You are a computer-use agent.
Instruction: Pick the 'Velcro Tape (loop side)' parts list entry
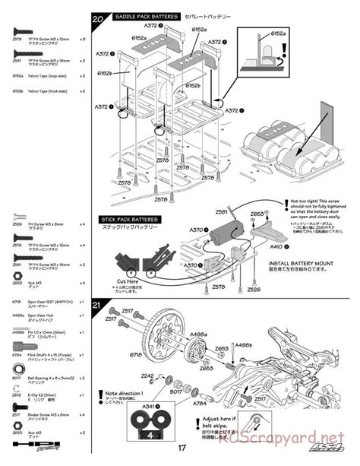point(50,76)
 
